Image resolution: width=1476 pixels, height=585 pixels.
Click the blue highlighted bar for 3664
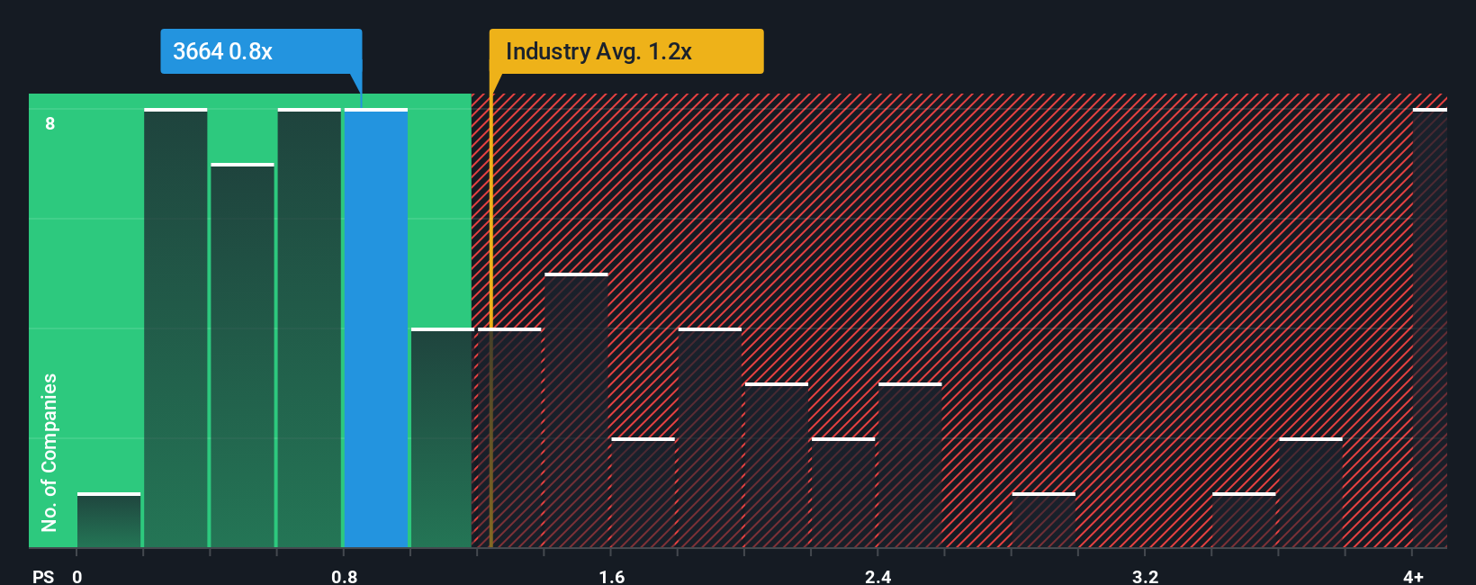point(376,328)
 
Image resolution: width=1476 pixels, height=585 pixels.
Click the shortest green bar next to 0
point(109,520)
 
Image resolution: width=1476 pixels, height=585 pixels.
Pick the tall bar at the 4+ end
point(1429,328)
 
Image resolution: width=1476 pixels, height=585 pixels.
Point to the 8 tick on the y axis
point(50,123)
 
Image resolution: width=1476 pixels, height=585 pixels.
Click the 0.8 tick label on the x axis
point(344,576)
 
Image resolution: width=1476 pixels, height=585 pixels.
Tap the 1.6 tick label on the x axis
point(611,576)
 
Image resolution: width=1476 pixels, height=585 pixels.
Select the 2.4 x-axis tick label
point(877,576)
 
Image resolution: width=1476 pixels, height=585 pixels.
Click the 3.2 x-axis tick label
point(1145,576)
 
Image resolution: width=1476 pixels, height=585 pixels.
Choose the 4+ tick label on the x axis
point(1413,576)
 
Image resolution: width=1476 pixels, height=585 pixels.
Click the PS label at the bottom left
point(43,576)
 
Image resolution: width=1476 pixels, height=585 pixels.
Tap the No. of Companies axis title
point(49,452)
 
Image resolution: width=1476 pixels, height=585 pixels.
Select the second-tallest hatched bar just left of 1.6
point(576,410)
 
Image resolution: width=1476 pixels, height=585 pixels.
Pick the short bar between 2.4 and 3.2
point(1043,520)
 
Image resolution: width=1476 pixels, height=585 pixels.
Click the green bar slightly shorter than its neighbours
point(242,355)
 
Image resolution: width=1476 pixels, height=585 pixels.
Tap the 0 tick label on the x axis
point(77,576)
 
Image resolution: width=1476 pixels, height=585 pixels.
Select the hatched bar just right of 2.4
point(910,465)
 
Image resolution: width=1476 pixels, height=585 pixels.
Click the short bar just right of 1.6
point(643,493)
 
